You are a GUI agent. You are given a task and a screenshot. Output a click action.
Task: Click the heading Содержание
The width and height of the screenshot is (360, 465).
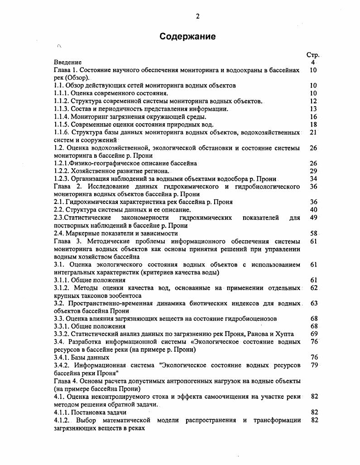[187, 37]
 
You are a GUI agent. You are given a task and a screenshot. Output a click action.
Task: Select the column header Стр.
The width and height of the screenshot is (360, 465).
[313, 55]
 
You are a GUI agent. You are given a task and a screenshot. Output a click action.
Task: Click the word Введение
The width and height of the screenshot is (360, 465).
[67, 62]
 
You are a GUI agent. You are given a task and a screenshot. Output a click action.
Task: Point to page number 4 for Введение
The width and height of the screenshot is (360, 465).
[313, 62]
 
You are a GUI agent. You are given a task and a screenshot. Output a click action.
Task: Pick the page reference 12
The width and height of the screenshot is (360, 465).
[313, 101]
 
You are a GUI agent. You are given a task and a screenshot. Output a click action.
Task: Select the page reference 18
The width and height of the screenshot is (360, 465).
[313, 125]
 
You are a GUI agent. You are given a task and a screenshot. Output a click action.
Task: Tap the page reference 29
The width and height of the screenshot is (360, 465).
[313, 171]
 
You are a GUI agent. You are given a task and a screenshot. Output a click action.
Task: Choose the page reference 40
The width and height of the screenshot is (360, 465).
[313, 210]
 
